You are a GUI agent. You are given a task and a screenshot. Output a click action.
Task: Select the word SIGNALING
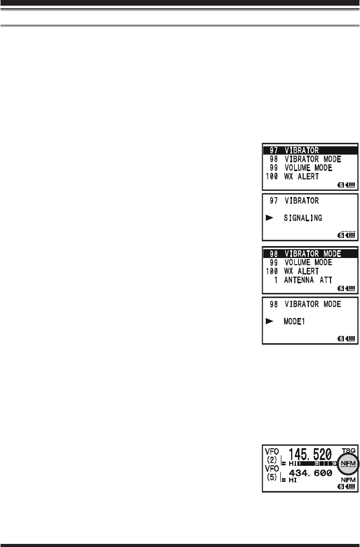[303, 218]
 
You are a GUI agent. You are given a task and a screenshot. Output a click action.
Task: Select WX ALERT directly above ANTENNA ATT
[302, 271]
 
